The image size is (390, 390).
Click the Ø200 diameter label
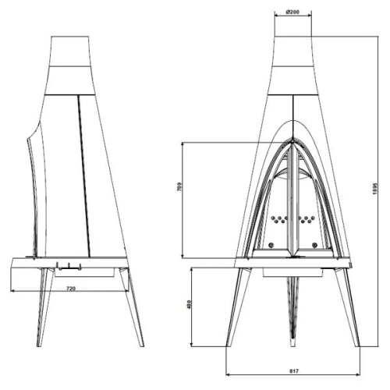click(x=293, y=12)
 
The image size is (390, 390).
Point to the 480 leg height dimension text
click(x=189, y=306)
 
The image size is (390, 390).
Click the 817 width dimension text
click(x=293, y=370)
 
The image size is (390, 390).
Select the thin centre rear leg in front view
click(x=293, y=312)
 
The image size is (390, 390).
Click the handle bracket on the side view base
click(x=68, y=267)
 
